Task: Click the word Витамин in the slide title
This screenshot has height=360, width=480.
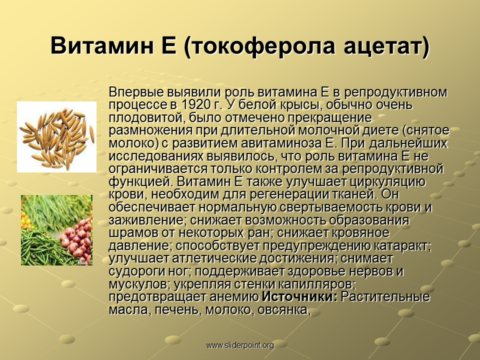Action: [x=102, y=45]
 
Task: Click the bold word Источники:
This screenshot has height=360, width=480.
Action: [x=299, y=296]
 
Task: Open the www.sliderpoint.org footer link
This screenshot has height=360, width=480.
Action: [x=240, y=345]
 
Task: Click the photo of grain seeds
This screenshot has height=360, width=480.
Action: [x=56, y=137]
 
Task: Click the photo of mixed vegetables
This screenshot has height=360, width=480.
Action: [x=56, y=230]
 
